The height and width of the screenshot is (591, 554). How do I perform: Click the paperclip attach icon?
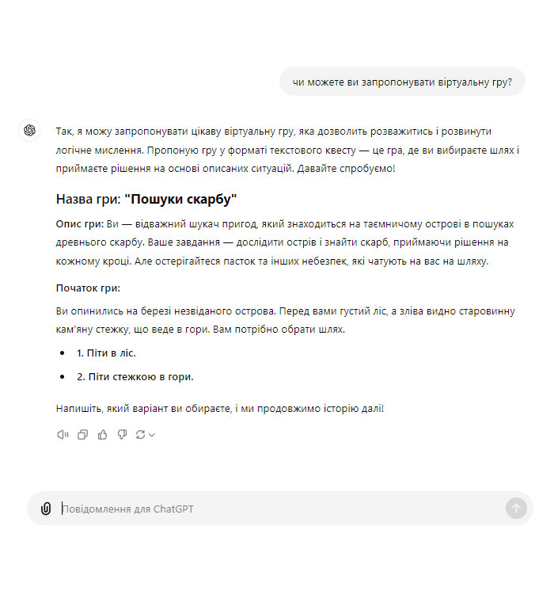tap(46, 509)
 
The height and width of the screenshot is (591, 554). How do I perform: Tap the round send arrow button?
tap(516, 509)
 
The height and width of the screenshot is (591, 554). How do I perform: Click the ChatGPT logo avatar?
tap(30, 131)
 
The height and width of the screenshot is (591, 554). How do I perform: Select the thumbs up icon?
tap(102, 434)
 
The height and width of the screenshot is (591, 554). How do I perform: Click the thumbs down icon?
tap(122, 434)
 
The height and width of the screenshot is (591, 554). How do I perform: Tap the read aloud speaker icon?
tap(63, 434)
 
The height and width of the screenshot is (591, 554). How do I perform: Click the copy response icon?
tap(82, 434)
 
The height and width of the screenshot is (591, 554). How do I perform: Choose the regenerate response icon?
tap(141, 434)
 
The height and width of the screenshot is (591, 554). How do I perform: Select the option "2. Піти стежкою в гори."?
tap(135, 377)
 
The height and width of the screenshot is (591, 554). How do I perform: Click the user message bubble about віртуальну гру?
tap(402, 82)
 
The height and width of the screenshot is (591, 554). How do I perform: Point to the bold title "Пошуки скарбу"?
tap(180, 200)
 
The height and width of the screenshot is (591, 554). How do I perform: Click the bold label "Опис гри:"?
tap(79, 223)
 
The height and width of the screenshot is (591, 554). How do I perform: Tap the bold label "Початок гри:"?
tap(88, 288)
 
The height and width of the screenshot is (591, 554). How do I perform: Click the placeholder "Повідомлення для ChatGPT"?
tap(128, 509)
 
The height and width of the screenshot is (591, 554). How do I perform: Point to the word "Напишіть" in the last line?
tap(78, 409)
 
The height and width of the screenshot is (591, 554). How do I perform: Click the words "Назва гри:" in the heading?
tap(88, 200)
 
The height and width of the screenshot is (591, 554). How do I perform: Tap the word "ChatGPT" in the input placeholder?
tap(173, 509)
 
